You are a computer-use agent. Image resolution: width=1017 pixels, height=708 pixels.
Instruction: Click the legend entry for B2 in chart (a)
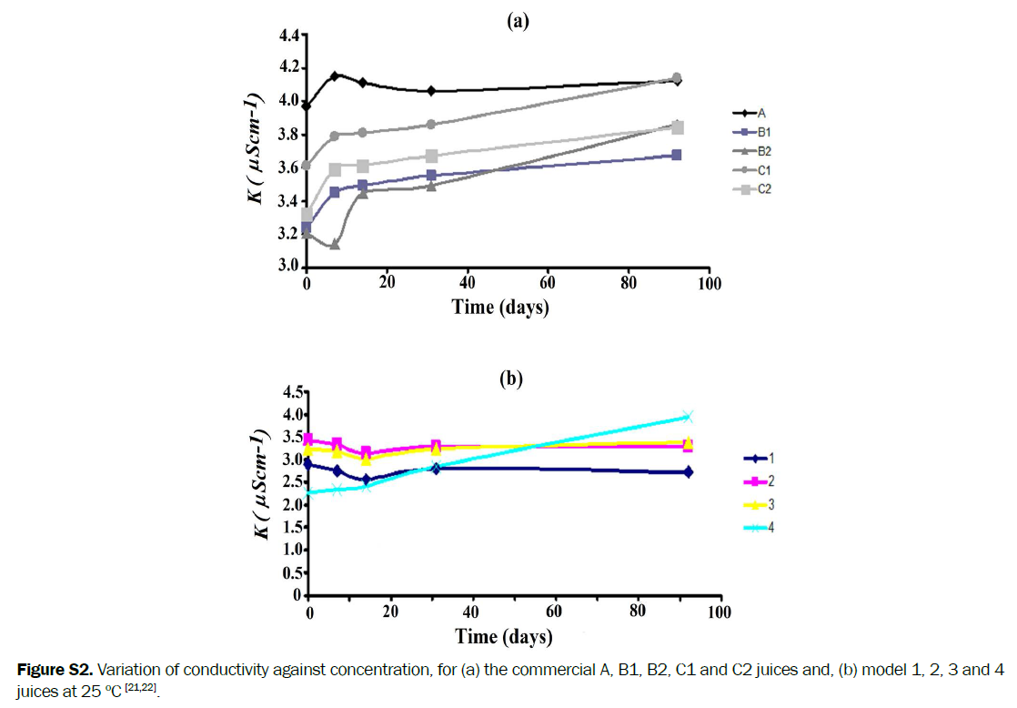click(751, 151)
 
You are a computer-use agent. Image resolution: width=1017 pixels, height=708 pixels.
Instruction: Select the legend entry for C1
click(751, 170)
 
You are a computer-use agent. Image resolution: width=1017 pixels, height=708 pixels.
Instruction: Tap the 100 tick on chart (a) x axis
click(709, 284)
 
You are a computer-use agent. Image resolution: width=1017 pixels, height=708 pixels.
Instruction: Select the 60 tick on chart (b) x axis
click(555, 612)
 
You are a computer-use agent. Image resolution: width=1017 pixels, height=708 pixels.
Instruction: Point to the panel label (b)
click(509, 379)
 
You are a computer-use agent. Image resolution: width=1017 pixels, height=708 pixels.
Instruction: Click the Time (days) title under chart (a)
click(500, 307)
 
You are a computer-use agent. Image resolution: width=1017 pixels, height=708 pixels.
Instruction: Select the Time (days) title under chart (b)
click(504, 634)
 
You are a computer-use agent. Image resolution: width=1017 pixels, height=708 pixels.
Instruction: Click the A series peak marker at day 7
click(336, 76)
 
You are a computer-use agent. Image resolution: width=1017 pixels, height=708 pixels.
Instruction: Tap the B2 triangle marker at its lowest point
click(335, 245)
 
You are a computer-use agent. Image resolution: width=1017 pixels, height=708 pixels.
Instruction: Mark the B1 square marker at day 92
click(676, 155)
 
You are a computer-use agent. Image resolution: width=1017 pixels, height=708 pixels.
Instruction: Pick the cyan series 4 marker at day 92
click(688, 417)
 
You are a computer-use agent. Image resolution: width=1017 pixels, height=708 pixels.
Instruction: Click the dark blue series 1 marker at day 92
click(688, 471)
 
